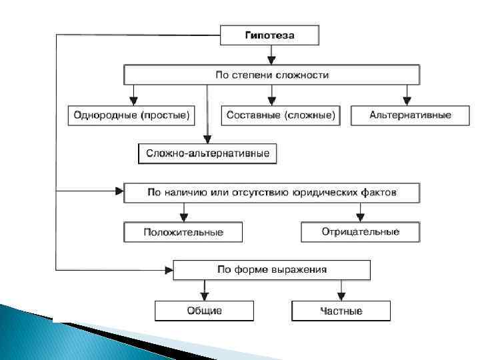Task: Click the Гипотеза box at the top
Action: [269, 35]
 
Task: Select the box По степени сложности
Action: [271, 75]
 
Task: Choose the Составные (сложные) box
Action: [280, 115]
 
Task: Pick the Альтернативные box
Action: [410, 115]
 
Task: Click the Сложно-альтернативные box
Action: [207, 154]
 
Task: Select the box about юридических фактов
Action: [271, 193]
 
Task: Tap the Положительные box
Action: [183, 232]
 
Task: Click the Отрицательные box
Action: [360, 232]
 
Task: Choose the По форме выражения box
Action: [271, 269]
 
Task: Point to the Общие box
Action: [204, 311]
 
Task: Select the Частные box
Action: [341, 311]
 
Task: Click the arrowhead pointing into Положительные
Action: [183, 217]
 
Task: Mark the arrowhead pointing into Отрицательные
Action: [360, 217]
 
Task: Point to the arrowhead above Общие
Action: [204, 296]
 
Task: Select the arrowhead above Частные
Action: [341, 296]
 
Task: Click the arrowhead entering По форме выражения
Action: [168, 269]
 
